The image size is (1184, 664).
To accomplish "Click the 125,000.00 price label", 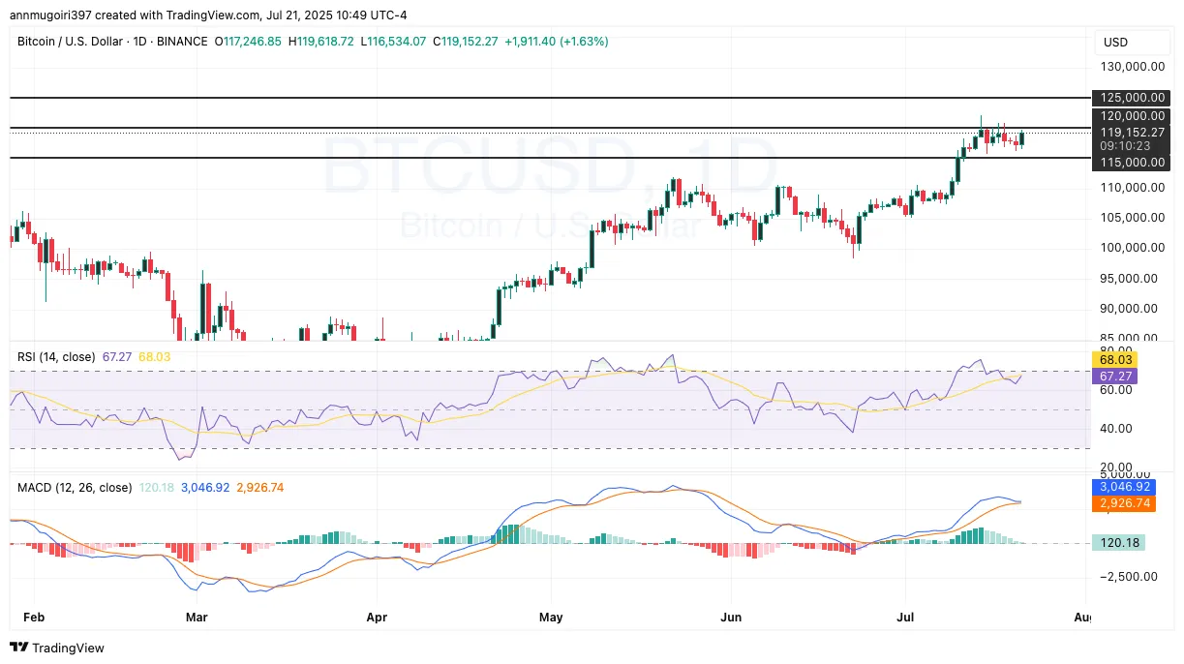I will coord(1130,98).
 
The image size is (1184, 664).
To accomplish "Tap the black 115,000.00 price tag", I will coord(1130,163).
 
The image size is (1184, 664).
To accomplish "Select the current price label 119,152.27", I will coord(1130,133).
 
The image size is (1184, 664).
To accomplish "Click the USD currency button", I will coord(1116,43).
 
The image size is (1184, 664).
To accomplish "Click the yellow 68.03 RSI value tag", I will coord(1111,359).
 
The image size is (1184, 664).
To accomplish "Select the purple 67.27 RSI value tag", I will coord(1111,376).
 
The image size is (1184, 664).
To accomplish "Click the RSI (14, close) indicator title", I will coord(56,356).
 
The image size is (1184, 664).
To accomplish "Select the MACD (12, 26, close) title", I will coord(75,487).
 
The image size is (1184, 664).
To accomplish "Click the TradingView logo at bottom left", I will coord(58,648).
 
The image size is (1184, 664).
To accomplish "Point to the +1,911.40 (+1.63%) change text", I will coord(556,42).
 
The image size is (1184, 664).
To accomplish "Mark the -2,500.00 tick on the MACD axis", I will coord(1126,577).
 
